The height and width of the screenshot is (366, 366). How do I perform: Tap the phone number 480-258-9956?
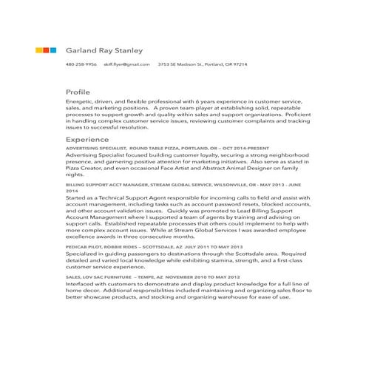pyautogui.click(x=81, y=65)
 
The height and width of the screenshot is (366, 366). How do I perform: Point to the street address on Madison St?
pyautogui.click(x=203, y=65)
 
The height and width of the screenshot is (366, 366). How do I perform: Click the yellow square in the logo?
pyautogui.click(x=40, y=50)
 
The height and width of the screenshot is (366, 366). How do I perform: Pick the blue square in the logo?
pyautogui.click(x=53, y=50)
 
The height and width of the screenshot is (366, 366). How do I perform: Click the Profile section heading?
pyautogui.click(x=78, y=92)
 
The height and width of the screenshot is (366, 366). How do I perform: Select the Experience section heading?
pyautogui.click(x=87, y=139)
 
